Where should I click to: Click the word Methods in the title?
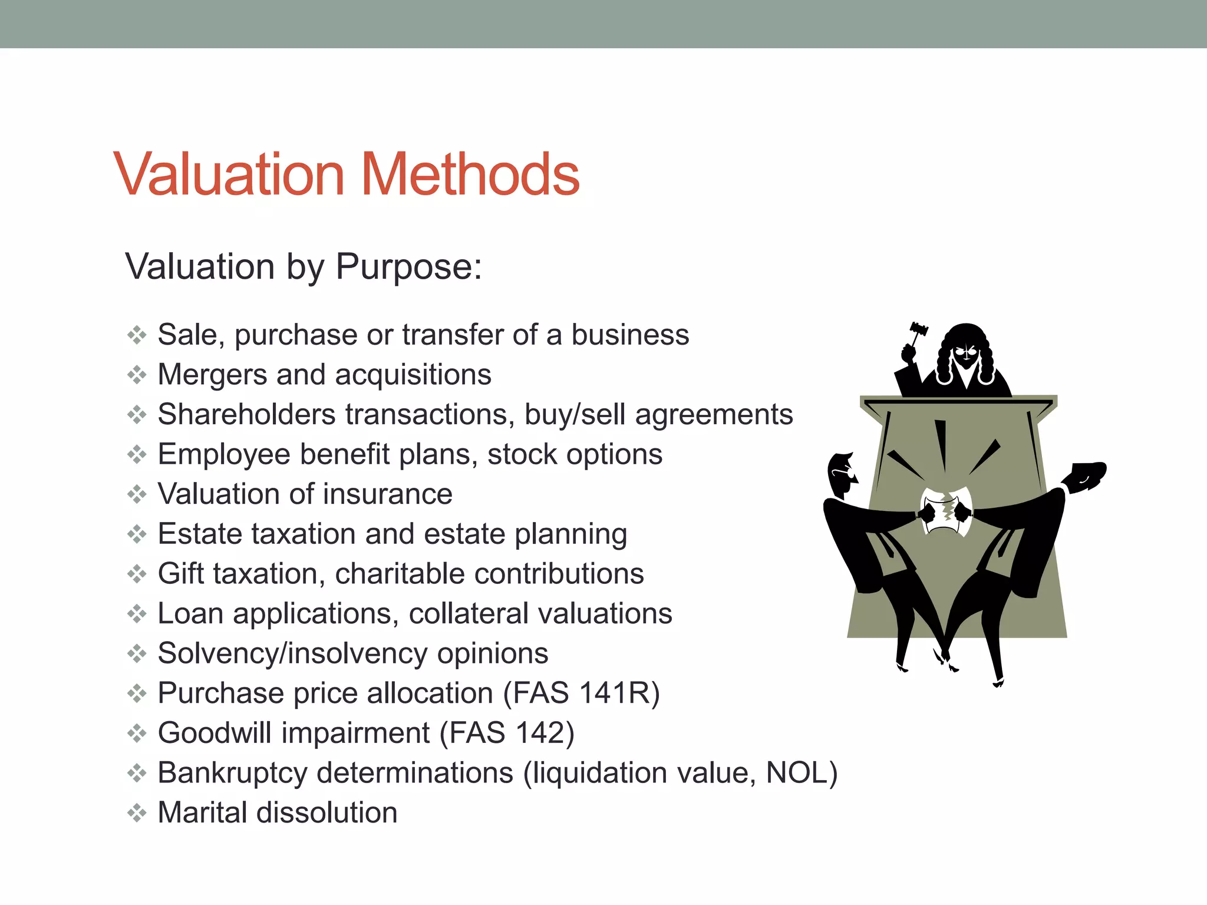(470, 174)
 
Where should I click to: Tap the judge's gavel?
(917, 333)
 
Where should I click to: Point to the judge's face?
(967, 355)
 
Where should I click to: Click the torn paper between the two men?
(947, 510)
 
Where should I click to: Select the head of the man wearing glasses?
(842, 475)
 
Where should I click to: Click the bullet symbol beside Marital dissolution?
(137, 813)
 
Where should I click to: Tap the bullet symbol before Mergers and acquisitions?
(137, 375)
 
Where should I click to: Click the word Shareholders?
(247, 415)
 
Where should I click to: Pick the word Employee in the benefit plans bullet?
(224, 455)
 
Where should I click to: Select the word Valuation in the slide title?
(229, 174)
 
